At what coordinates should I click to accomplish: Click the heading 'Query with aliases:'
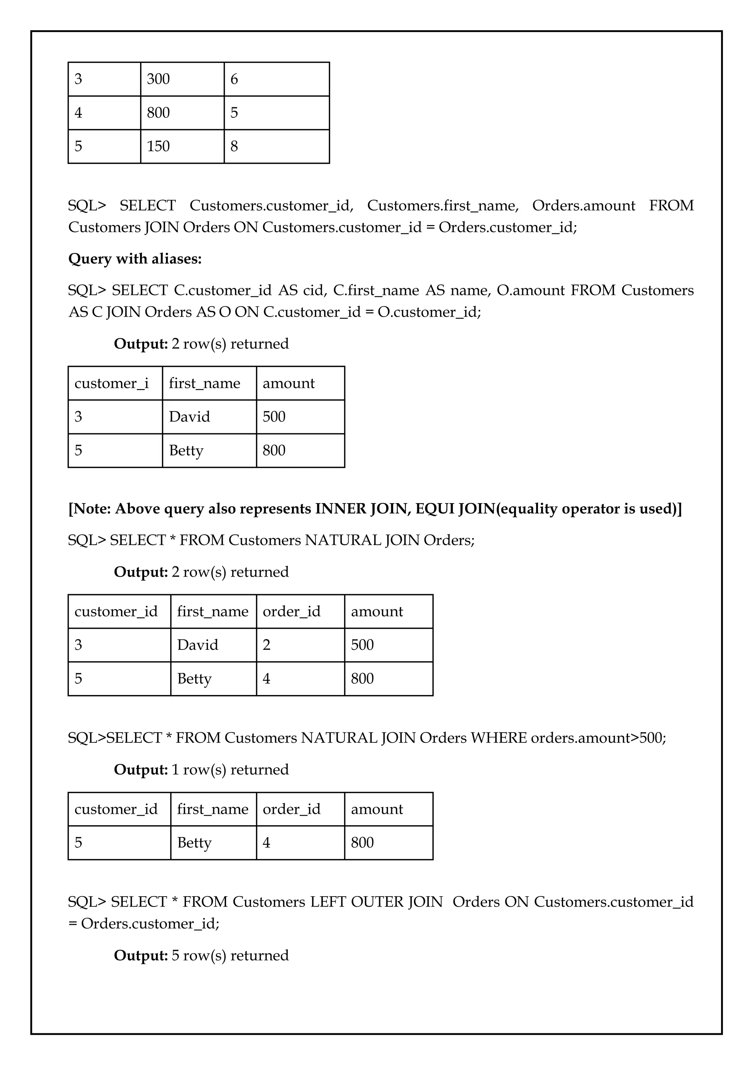coord(135,259)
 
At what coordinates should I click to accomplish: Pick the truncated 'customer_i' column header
coord(112,383)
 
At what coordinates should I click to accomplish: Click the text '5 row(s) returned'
coord(230,955)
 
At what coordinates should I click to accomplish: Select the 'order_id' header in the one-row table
coord(292,809)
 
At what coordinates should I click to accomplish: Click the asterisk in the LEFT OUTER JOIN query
coord(175,901)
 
